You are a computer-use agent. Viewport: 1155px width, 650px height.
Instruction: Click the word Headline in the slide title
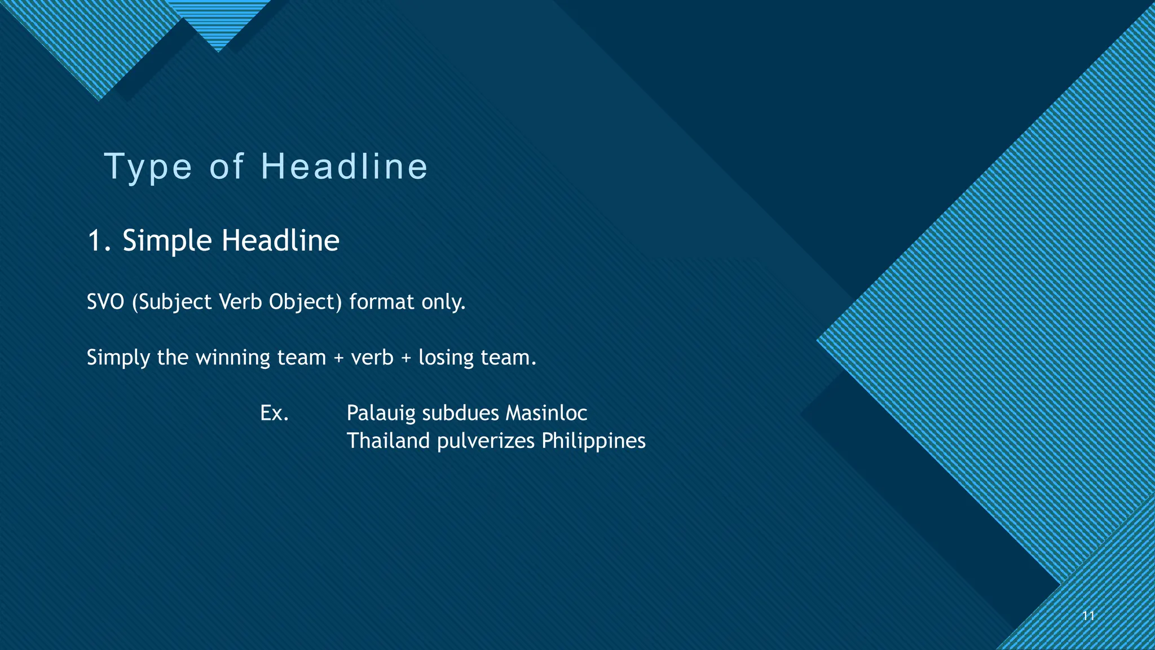point(345,167)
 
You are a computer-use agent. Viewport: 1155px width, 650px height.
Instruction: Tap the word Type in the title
point(148,167)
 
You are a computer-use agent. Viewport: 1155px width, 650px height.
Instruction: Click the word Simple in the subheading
point(167,241)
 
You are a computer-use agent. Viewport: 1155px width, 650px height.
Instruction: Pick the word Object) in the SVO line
point(305,302)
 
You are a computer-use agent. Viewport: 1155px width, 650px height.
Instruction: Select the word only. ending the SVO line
point(444,302)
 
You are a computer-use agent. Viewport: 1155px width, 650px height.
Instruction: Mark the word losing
point(446,358)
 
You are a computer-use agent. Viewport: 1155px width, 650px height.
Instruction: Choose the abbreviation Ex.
point(274,414)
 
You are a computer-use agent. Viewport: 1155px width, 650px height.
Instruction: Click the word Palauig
point(381,414)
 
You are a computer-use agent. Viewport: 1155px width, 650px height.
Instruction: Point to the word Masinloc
point(546,414)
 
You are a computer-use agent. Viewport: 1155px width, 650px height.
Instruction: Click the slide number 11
point(1088,616)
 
